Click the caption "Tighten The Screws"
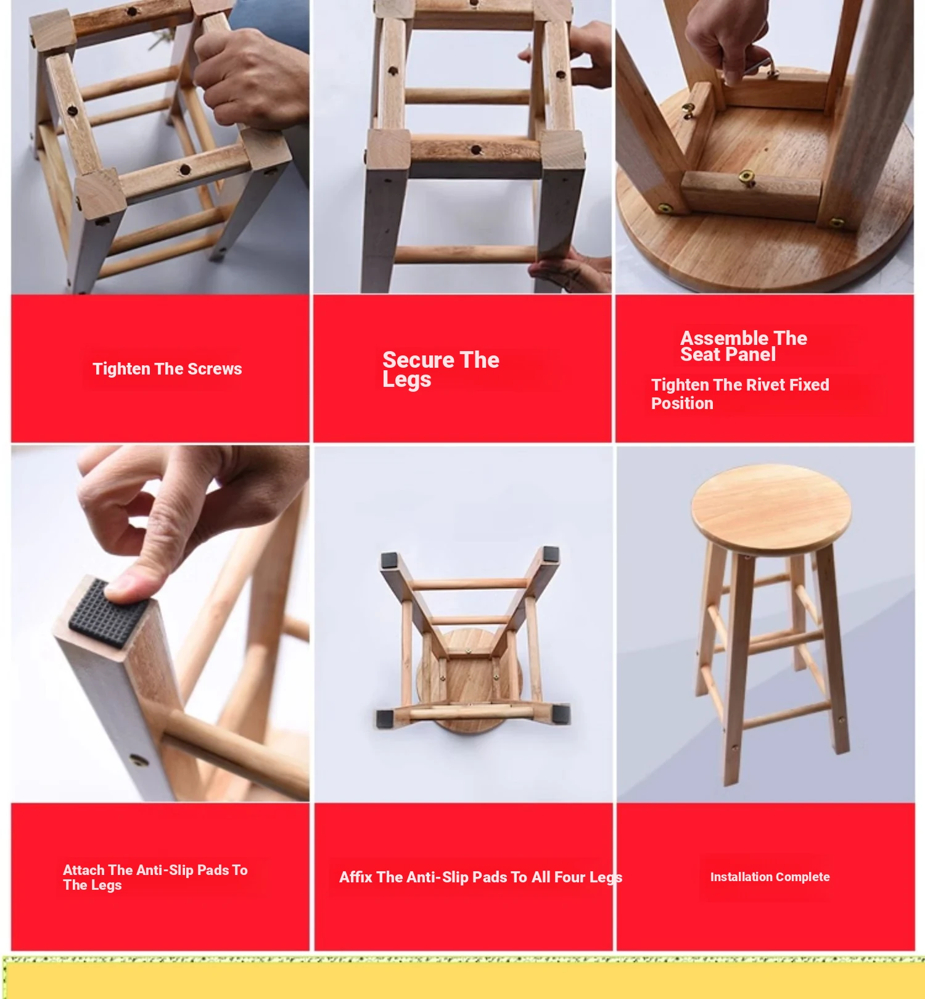[x=167, y=369]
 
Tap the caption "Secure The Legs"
[x=440, y=369]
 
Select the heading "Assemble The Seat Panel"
[x=743, y=346]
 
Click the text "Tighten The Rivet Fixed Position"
[x=740, y=394]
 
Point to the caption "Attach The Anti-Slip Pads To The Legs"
[x=155, y=877]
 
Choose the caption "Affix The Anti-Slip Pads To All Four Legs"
[x=480, y=877]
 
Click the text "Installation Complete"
[x=770, y=877]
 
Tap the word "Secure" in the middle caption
[x=419, y=360]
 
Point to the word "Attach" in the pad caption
[x=83, y=870]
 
